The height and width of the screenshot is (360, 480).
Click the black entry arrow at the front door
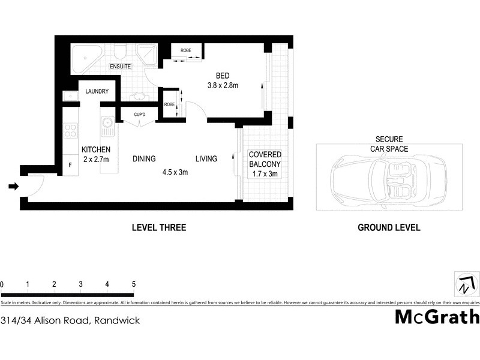(x=13, y=187)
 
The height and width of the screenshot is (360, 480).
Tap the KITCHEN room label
(x=95, y=149)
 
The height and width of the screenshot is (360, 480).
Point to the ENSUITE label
(x=120, y=67)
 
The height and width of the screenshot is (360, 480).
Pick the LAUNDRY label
(x=97, y=91)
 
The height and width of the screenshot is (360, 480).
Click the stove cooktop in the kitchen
(x=71, y=130)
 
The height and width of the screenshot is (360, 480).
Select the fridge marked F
(x=70, y=164)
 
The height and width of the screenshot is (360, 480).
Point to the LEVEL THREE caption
(x=158, y=227)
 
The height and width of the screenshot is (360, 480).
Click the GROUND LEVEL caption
(x=388, y=227)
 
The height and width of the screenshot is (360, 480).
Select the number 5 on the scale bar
(x=133, y=284)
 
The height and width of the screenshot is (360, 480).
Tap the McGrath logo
(x=437, y=316)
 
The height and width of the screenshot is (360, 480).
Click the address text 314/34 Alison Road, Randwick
(x=71, y=320)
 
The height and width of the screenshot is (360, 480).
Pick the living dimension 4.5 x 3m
(x=175, y=172)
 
